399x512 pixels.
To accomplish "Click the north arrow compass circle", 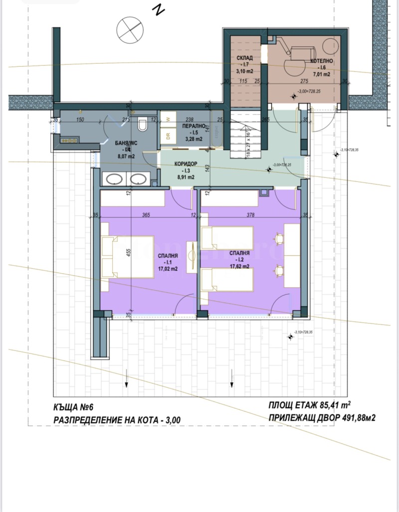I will (130, 28).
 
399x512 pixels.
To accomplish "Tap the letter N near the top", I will (159, 9).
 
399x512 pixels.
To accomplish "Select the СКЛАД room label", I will (244, 58).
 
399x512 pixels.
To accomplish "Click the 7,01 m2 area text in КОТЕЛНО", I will (321, 74).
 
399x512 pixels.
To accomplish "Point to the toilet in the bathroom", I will (143, 124).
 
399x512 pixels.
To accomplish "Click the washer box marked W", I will (168, 120).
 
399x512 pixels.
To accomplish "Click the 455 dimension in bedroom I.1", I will (128, 252).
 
